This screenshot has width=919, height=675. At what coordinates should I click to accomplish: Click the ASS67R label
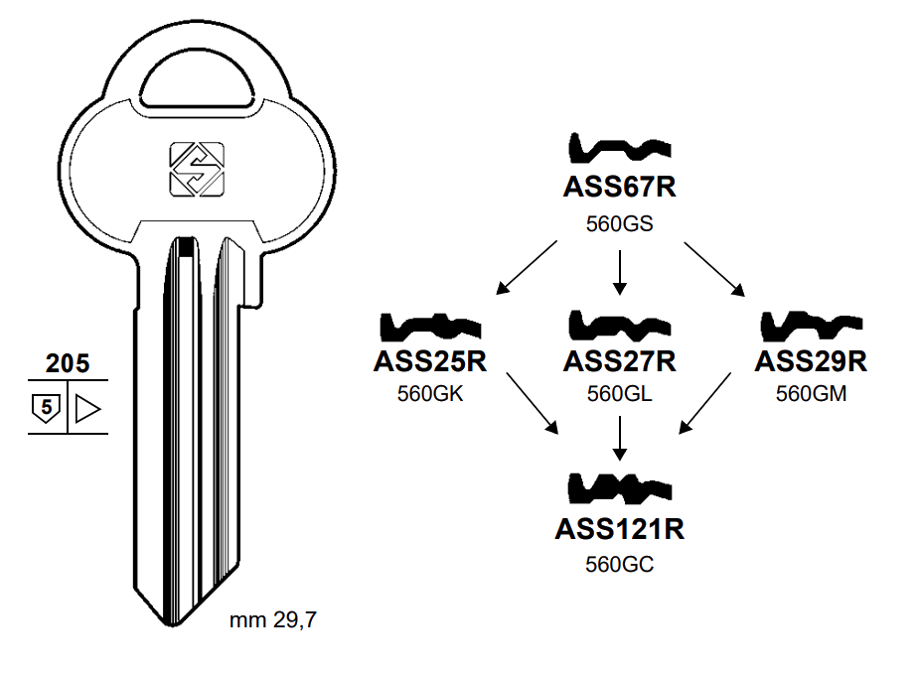(x=619, y=189)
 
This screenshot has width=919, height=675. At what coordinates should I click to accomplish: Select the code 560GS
(x=619, y=224)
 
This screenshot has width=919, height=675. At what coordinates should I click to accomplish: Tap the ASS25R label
(x=430, y=361)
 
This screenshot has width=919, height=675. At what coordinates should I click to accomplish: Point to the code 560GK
(x=430, y=394)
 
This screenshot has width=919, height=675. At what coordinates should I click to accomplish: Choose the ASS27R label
(x=619, y=361)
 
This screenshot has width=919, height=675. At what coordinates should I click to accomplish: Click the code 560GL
(x=619, y=394)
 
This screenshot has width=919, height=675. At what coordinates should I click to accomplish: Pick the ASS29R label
(x=811, y=361)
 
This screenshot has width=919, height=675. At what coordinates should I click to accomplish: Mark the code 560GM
(x=811, y=394)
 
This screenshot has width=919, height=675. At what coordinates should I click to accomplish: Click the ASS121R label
(x=619, y=528)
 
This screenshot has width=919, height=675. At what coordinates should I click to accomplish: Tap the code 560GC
(x=619, y=564)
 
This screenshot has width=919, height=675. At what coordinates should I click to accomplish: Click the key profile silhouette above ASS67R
(x=619, y=150)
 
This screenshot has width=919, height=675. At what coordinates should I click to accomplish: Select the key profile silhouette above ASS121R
(x=619, y=487)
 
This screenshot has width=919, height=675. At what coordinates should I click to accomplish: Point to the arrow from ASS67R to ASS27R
(x=619, y=273)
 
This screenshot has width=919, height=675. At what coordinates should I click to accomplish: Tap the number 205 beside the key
(x=68, y=363)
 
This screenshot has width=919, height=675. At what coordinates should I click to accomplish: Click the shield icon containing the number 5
(x=45, y=407)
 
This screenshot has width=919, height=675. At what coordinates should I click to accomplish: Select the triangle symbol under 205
(x=87, y=407)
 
